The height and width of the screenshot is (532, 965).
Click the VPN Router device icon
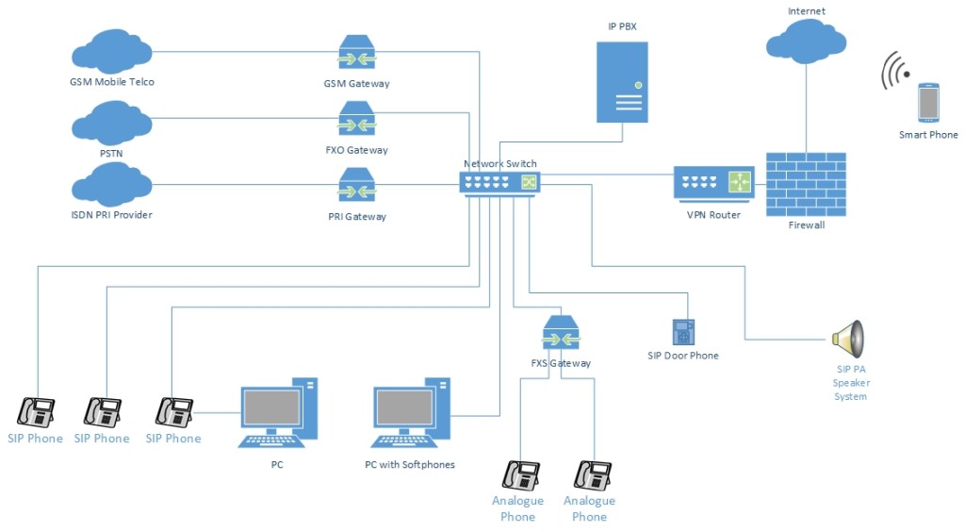[714, 182]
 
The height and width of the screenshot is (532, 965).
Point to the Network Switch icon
[499, 182]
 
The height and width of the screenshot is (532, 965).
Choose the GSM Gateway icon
[356, 56]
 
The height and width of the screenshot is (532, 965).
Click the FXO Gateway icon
[356, 121]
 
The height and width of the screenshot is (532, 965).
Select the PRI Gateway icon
[356, 187]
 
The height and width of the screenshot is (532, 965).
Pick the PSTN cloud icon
[111, 120]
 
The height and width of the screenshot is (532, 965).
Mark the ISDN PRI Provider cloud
[111, 184]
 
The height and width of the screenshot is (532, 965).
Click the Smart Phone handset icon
[928, 102]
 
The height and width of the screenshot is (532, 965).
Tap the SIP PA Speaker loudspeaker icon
[849, 337]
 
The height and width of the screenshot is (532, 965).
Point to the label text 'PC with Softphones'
[410, 464]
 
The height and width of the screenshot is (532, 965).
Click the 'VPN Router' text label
[713, 215]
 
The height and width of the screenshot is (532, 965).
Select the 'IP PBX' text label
[622, 25]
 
